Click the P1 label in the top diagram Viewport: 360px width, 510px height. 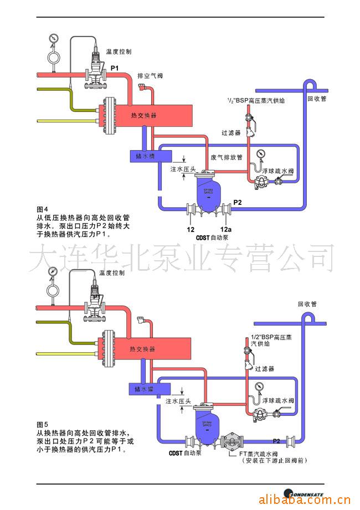coord(115,68)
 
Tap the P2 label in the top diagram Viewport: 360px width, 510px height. coord(238,203)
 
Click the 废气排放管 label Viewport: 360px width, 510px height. coord(227,157)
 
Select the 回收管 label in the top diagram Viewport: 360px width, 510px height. coord(316,100)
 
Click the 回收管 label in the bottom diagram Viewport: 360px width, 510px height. coord(307,304)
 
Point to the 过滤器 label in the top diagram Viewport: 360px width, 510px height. coord(230,133)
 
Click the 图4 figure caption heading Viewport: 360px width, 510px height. coord(43,209)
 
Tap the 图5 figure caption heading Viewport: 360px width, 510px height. coord(43,425)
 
